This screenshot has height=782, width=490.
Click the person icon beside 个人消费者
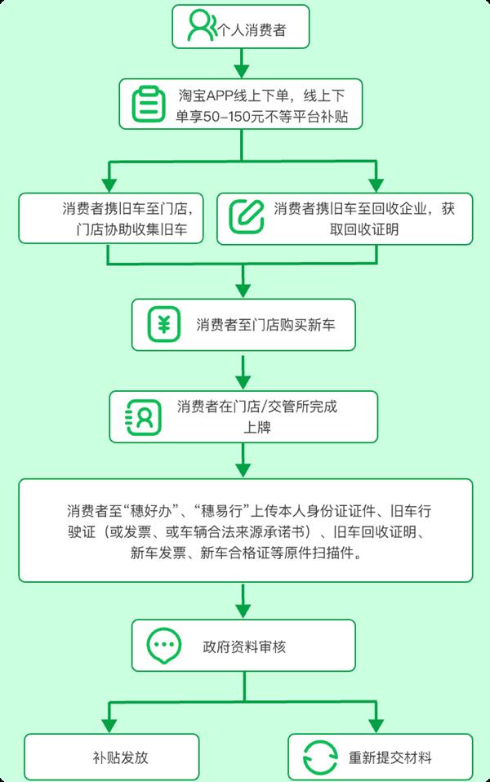(202, 26)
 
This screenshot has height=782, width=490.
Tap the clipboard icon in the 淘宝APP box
(148, 104)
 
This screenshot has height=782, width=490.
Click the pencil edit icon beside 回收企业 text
(247, 216)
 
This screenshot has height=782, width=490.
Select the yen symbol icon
(163, 325)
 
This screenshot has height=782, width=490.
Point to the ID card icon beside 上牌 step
(144, 417)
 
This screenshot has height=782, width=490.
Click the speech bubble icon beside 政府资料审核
(163, 646)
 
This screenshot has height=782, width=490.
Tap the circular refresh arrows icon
(320, 758)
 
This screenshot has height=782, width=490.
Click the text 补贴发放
(121, 758)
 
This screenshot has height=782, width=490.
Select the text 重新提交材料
(390, 758)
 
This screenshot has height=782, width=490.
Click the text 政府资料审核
(244, 646)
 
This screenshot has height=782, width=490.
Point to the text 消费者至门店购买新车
(265, 325)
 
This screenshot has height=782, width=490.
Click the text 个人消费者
(252, 30)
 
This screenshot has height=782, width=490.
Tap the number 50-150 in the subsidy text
(226, 117)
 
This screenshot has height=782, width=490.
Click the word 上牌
(257, 428)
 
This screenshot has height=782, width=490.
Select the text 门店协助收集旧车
(131, 229)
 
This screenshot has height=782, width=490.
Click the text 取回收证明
(363, 229)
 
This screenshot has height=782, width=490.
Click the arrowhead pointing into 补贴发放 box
(109, 725)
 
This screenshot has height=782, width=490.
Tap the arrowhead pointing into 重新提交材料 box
(376, 725)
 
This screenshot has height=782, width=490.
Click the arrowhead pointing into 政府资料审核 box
(243, 611)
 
